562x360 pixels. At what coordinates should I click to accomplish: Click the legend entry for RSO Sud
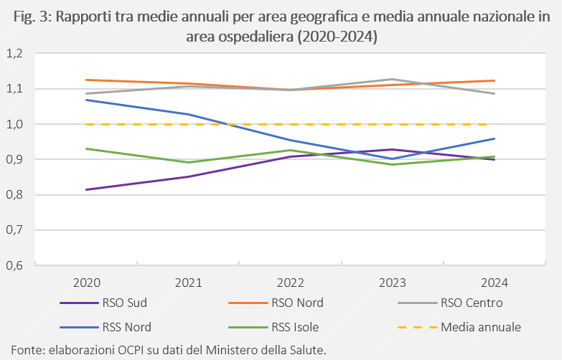pos(103,303)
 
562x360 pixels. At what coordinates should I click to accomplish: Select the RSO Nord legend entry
pos(276,303)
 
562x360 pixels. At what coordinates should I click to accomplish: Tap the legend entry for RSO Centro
pos(450,303)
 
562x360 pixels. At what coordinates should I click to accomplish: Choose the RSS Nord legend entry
pos(106,327)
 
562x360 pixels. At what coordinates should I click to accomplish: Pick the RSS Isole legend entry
pos(273,327)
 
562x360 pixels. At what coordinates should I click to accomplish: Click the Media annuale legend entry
pos(459,327)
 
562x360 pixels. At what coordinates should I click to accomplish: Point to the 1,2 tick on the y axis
pos(14,54)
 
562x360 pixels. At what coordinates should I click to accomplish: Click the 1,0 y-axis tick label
pos(14,124)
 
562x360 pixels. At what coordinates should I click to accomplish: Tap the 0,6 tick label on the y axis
pos(14,265)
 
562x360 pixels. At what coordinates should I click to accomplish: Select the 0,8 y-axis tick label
pos(14,195)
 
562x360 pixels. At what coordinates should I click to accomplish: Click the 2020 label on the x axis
pos(86,283)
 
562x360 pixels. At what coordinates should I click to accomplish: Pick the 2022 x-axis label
pos(290,283)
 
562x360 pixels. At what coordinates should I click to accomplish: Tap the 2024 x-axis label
pos(495,283)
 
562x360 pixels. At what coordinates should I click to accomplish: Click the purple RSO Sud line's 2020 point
pos(87,189)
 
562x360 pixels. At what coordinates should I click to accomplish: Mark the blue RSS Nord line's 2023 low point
pos(393,158)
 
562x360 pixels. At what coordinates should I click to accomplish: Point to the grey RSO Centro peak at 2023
pos(393,79)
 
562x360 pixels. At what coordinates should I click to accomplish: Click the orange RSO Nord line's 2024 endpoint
pos(495,80)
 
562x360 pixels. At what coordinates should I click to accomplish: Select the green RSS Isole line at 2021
pos(189,162)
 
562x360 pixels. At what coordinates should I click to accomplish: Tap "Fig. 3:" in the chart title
pos(32,17)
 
